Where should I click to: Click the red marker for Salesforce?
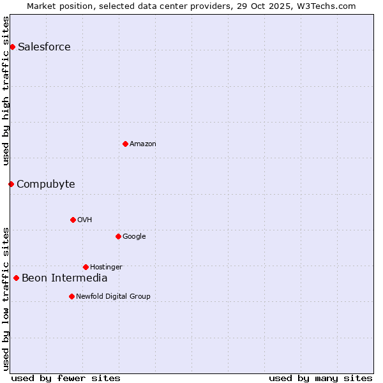pyautogui.click(x=12, y=47)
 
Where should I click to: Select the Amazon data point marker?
pyautogui.click(x=125, y=144)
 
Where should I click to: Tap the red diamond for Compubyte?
pyautogui.click(x=11, y=184)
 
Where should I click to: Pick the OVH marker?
pyautogui.click(x=73, y=220)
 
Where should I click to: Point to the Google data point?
pyautogui.click(x=118, y=236)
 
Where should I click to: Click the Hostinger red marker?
pyautogui.click(x=86, y=267)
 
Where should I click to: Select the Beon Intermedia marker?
pyautogui.click(x=16, y=278)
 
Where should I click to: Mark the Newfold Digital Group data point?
pyautogui.click(x=71, y=296)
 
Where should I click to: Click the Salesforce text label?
pyautogui.click(x=44, y=47)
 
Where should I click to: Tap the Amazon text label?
pyautogui.click(x=143, y=144)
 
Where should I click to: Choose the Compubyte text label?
pyautogui.click(x=45, y=184)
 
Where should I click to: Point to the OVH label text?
pyautogui.click(x=85, y=220)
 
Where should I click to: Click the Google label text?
pyautogui.click(x=134, y=236)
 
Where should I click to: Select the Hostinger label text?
pyautogui.click(x=106, y=267)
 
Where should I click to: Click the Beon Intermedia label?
pyautogui.click(x=64, y=278)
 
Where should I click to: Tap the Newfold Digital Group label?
pyautogui.click(x=113, y=296)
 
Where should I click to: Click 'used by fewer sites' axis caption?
pyautogui.click(x=66, y=378)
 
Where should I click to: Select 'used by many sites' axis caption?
pyautogui.click(x=320, y=378)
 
